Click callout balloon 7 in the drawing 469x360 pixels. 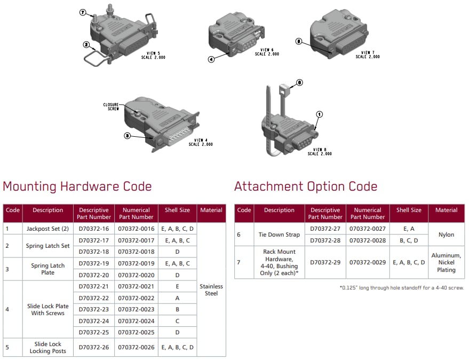[x=83, y=13]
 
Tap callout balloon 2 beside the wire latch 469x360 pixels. [x=86, y=45]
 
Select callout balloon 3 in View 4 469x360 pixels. [x=128, y=136]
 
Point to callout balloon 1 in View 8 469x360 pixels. [x=320, y=114]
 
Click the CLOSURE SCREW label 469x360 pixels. [x=111, y=107]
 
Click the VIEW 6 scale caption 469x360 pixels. [x=267, y=52]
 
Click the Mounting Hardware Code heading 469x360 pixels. [x=77, y=186]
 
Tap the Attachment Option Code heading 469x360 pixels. [x=306, y=186]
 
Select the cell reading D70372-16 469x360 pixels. [x=93, y=229]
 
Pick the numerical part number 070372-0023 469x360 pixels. [x=136, y=309]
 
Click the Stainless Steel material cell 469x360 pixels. [x=211, y=289]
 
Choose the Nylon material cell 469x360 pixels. [x=446, y=234]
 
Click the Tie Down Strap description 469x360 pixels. [x=279, y=234]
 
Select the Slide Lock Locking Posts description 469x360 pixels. [x=48, y=347]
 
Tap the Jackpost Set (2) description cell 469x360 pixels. [x=48, y=229]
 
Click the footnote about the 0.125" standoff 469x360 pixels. [x=402, y=288]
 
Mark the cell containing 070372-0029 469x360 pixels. [x=368, y=262]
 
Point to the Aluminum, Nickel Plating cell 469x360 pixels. [x=446, y=262]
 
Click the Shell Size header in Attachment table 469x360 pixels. [x=409, y=210]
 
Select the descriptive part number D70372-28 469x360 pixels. [x=325, y=240]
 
